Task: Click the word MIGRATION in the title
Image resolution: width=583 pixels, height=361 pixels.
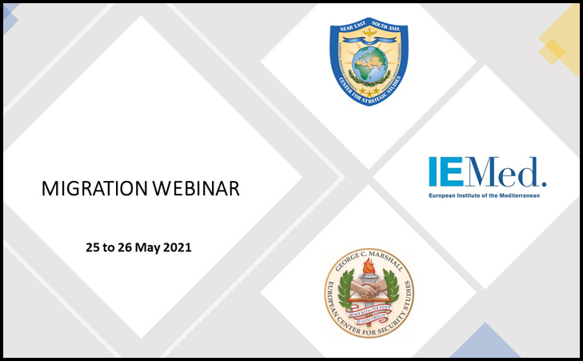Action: (x=90, y=190)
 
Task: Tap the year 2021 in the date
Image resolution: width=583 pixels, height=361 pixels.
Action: (x=177, y=248)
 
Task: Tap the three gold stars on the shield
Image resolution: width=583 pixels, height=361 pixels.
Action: (x=369, y=92)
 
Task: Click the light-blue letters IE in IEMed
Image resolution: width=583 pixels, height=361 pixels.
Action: (x=444, y=172)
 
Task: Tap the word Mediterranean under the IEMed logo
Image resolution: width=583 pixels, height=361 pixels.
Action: (x=511, y=195)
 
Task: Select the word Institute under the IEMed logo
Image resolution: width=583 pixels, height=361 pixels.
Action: (x=467, y=195)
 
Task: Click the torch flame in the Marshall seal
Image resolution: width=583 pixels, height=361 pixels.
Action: (x=369, y=266)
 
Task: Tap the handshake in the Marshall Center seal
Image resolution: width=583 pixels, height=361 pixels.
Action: (x=369, y=293)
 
